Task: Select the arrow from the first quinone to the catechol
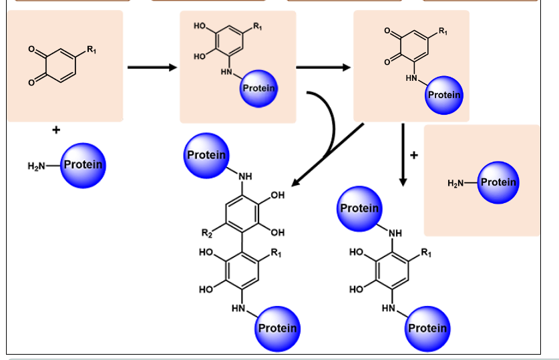click(152, 67)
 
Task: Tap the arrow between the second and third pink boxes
click(323, 67)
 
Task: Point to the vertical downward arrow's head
click(403, 181)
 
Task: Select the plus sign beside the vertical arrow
click(414, 156)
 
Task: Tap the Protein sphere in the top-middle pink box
click(259, 88)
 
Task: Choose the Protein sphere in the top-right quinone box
click(444, 95)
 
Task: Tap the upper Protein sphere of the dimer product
click(206, 155)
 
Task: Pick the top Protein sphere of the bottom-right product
click(359, 208)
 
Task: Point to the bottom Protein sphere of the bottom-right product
click(427, 328)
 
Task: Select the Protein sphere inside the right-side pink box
click(498, 182)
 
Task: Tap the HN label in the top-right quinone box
click(411, 79)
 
